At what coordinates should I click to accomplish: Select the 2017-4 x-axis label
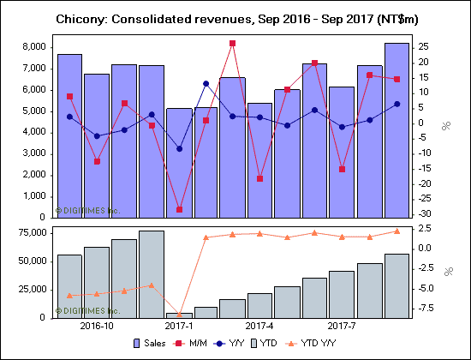click(259, 327)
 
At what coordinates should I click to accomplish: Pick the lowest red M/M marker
click(179, 209)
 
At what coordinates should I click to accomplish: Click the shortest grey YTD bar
click(179, 315)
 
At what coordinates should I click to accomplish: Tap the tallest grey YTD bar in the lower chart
click(152, 273)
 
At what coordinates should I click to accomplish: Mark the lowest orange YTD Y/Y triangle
click(179, 315)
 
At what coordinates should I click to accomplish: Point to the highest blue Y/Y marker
click(206, 83)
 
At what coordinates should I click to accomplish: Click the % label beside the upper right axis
click(446, 126)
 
